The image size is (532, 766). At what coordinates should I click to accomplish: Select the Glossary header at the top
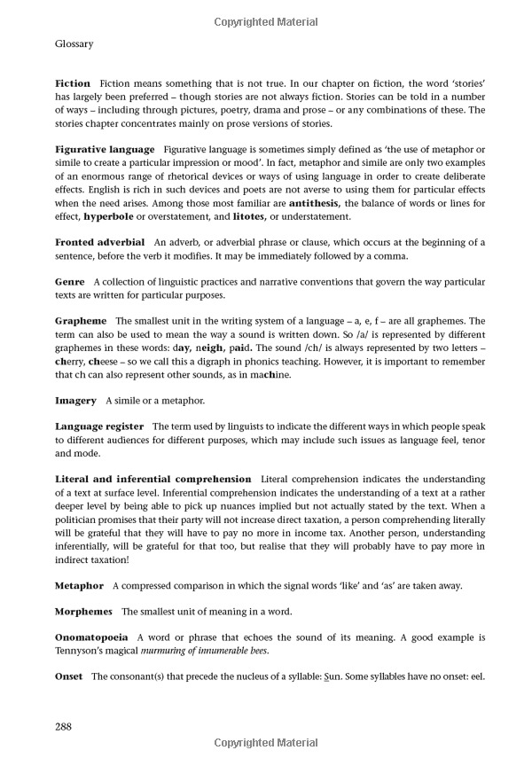click(74, 43)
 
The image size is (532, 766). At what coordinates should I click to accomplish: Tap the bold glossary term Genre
click(70, 281)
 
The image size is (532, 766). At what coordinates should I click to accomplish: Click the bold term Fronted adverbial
click(98, 241)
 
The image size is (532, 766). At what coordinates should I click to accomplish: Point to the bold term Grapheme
click(81, 320)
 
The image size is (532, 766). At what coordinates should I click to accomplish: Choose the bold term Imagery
click(75, 400)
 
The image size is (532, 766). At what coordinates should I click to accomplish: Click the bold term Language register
click(101, 426)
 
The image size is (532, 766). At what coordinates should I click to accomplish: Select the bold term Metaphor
click(79, 585)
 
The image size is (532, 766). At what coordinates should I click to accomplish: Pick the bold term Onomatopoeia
click(91, 637)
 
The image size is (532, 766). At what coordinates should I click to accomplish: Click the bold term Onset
click(69, 676)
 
